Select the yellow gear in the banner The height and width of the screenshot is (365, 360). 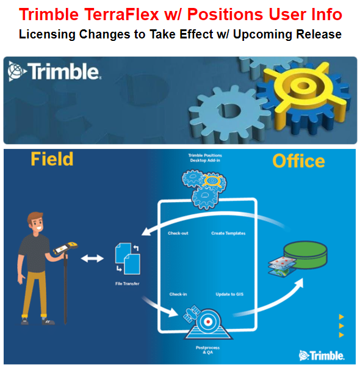pyautogui.click(x=298, y=92)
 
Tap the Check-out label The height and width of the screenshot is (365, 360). pyautogui.click(x=178, y=233)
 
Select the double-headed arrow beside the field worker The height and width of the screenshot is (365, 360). pyautogui.click(x=92, y=259)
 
